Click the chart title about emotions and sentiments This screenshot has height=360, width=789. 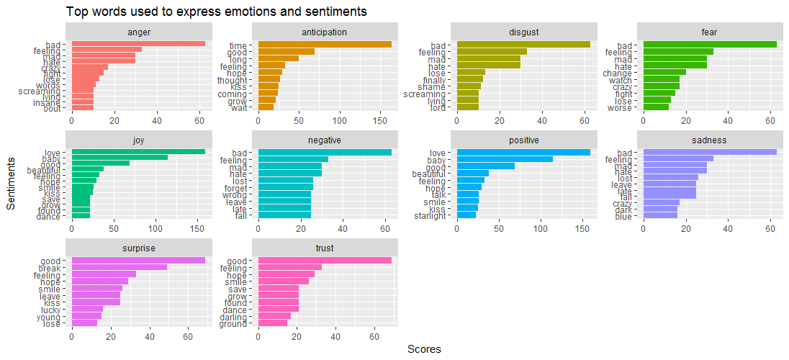(x=217, y=12)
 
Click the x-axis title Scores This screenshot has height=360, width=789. (x=424, y=349)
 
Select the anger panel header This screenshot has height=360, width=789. (x=138, y=32)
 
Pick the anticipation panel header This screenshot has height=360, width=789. (x=325, y=32)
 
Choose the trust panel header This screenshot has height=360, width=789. (x=325, y=248)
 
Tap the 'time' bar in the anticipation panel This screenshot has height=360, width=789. (x=325, y=44)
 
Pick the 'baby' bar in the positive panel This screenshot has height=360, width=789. (x=505, y=159)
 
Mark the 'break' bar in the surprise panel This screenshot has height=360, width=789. (x=119, y=267)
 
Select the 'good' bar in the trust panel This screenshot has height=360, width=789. (x=325, y=260)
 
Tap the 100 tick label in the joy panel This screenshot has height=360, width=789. (x=155, y=229)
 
